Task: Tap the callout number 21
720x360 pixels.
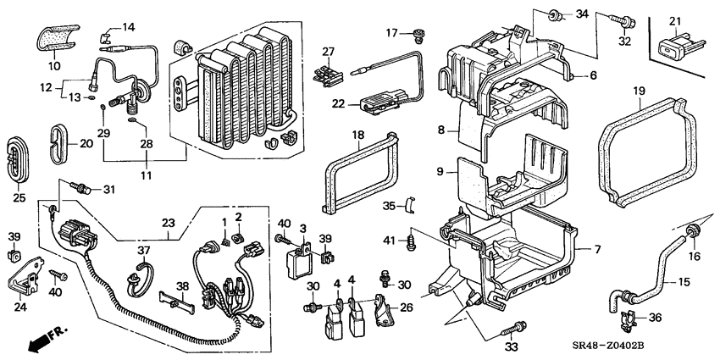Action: pyautogui.click(x=675, y=21)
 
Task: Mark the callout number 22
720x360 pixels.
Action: pyautogui.click(x=339, y=104)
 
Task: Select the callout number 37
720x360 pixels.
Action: pyautogui.click(x=143, y=250)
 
